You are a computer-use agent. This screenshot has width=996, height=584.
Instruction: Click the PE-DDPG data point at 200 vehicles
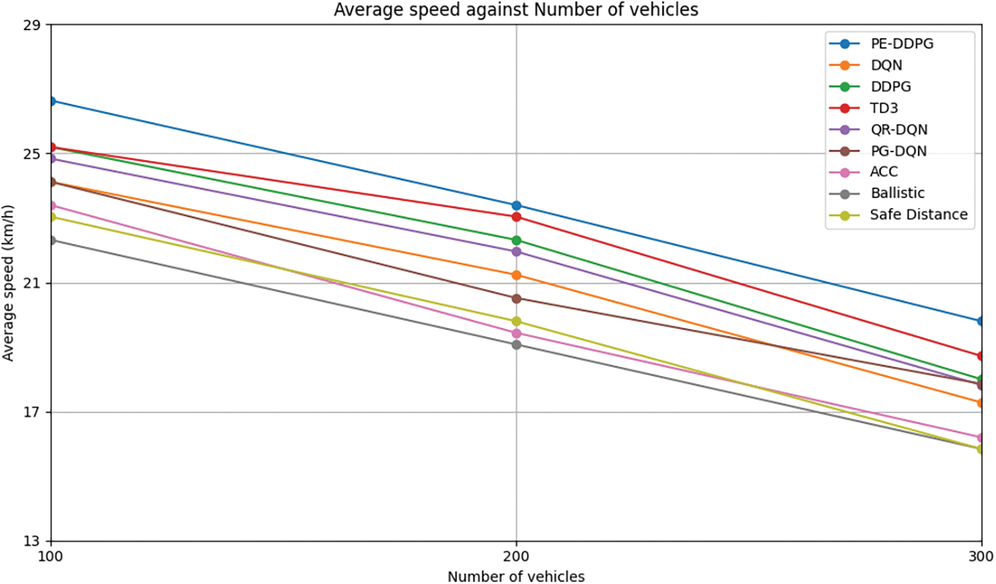516,205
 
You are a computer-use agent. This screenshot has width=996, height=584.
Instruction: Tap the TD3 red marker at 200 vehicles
516,217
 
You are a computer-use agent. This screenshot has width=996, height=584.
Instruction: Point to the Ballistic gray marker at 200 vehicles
516,345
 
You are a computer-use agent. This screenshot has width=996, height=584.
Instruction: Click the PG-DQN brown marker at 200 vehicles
516,299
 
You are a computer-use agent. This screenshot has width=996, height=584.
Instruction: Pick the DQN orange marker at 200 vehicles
516,275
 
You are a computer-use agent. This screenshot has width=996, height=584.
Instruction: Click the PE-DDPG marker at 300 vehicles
981,321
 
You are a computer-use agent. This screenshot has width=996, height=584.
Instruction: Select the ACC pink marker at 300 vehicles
981,438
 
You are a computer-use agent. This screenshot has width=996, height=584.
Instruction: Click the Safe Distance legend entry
918,215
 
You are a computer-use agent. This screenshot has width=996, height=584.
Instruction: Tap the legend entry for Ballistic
897,193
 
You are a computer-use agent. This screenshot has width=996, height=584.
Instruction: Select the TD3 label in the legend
884,108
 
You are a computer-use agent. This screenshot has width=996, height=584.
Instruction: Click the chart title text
516,10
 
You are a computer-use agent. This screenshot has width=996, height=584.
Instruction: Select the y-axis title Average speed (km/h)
8,283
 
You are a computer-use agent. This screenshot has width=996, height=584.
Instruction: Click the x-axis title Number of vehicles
516,576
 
